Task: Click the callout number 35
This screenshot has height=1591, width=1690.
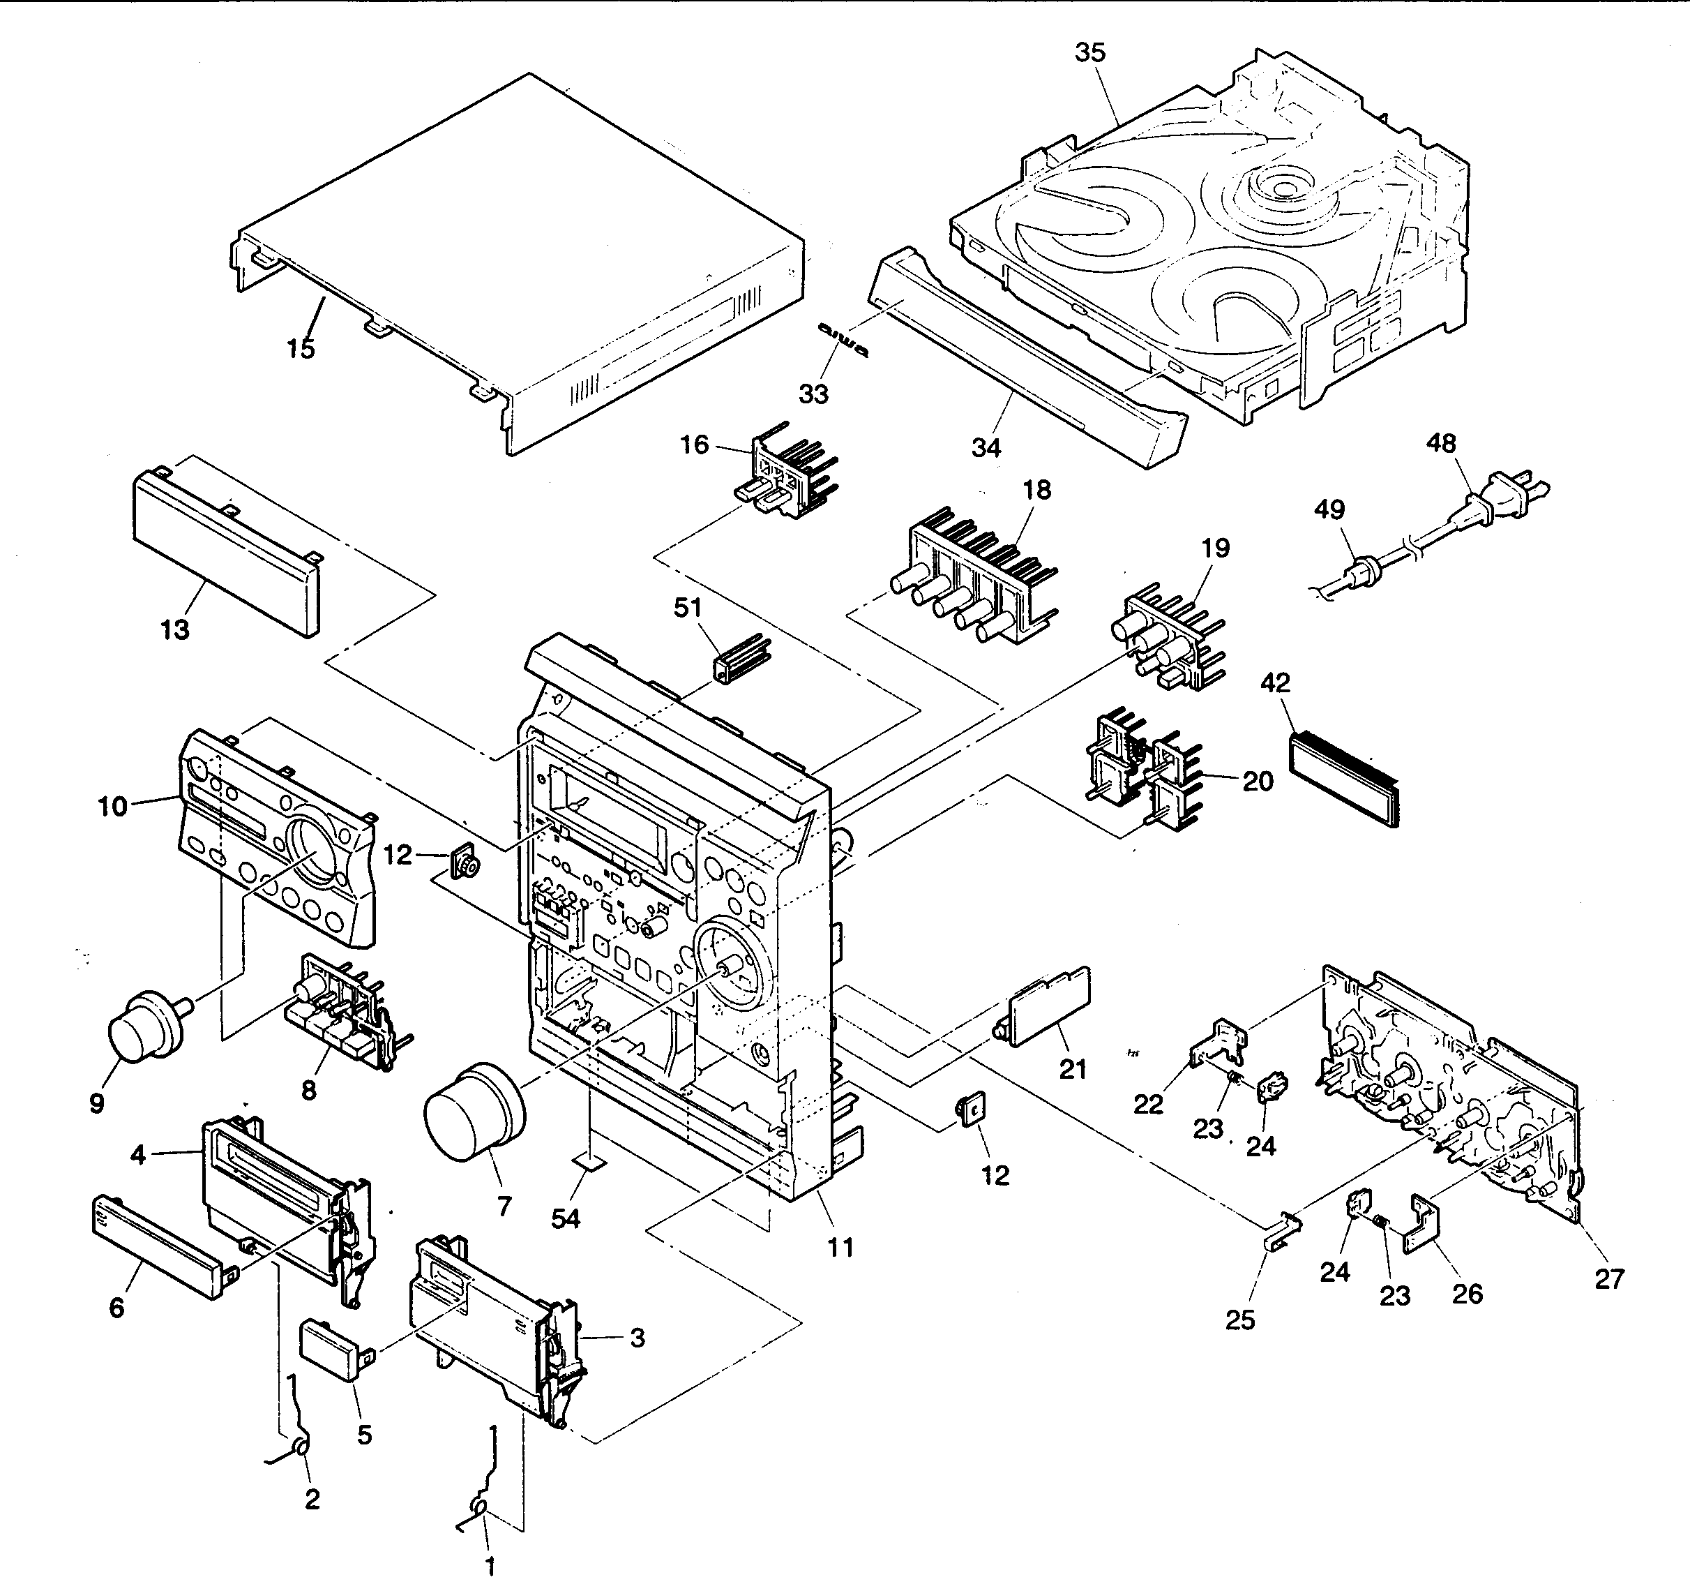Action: coord(1090,53)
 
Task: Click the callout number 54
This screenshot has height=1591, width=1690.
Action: coord(566,1218)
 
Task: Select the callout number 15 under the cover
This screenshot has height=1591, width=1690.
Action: coord(300,349)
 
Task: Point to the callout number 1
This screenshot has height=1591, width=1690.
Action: coord(490,1565)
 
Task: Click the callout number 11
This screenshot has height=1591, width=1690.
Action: coord(840,1248)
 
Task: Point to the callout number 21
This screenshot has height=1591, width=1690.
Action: coord(1073,1069)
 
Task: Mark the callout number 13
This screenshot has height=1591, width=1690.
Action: coord(175,630)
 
